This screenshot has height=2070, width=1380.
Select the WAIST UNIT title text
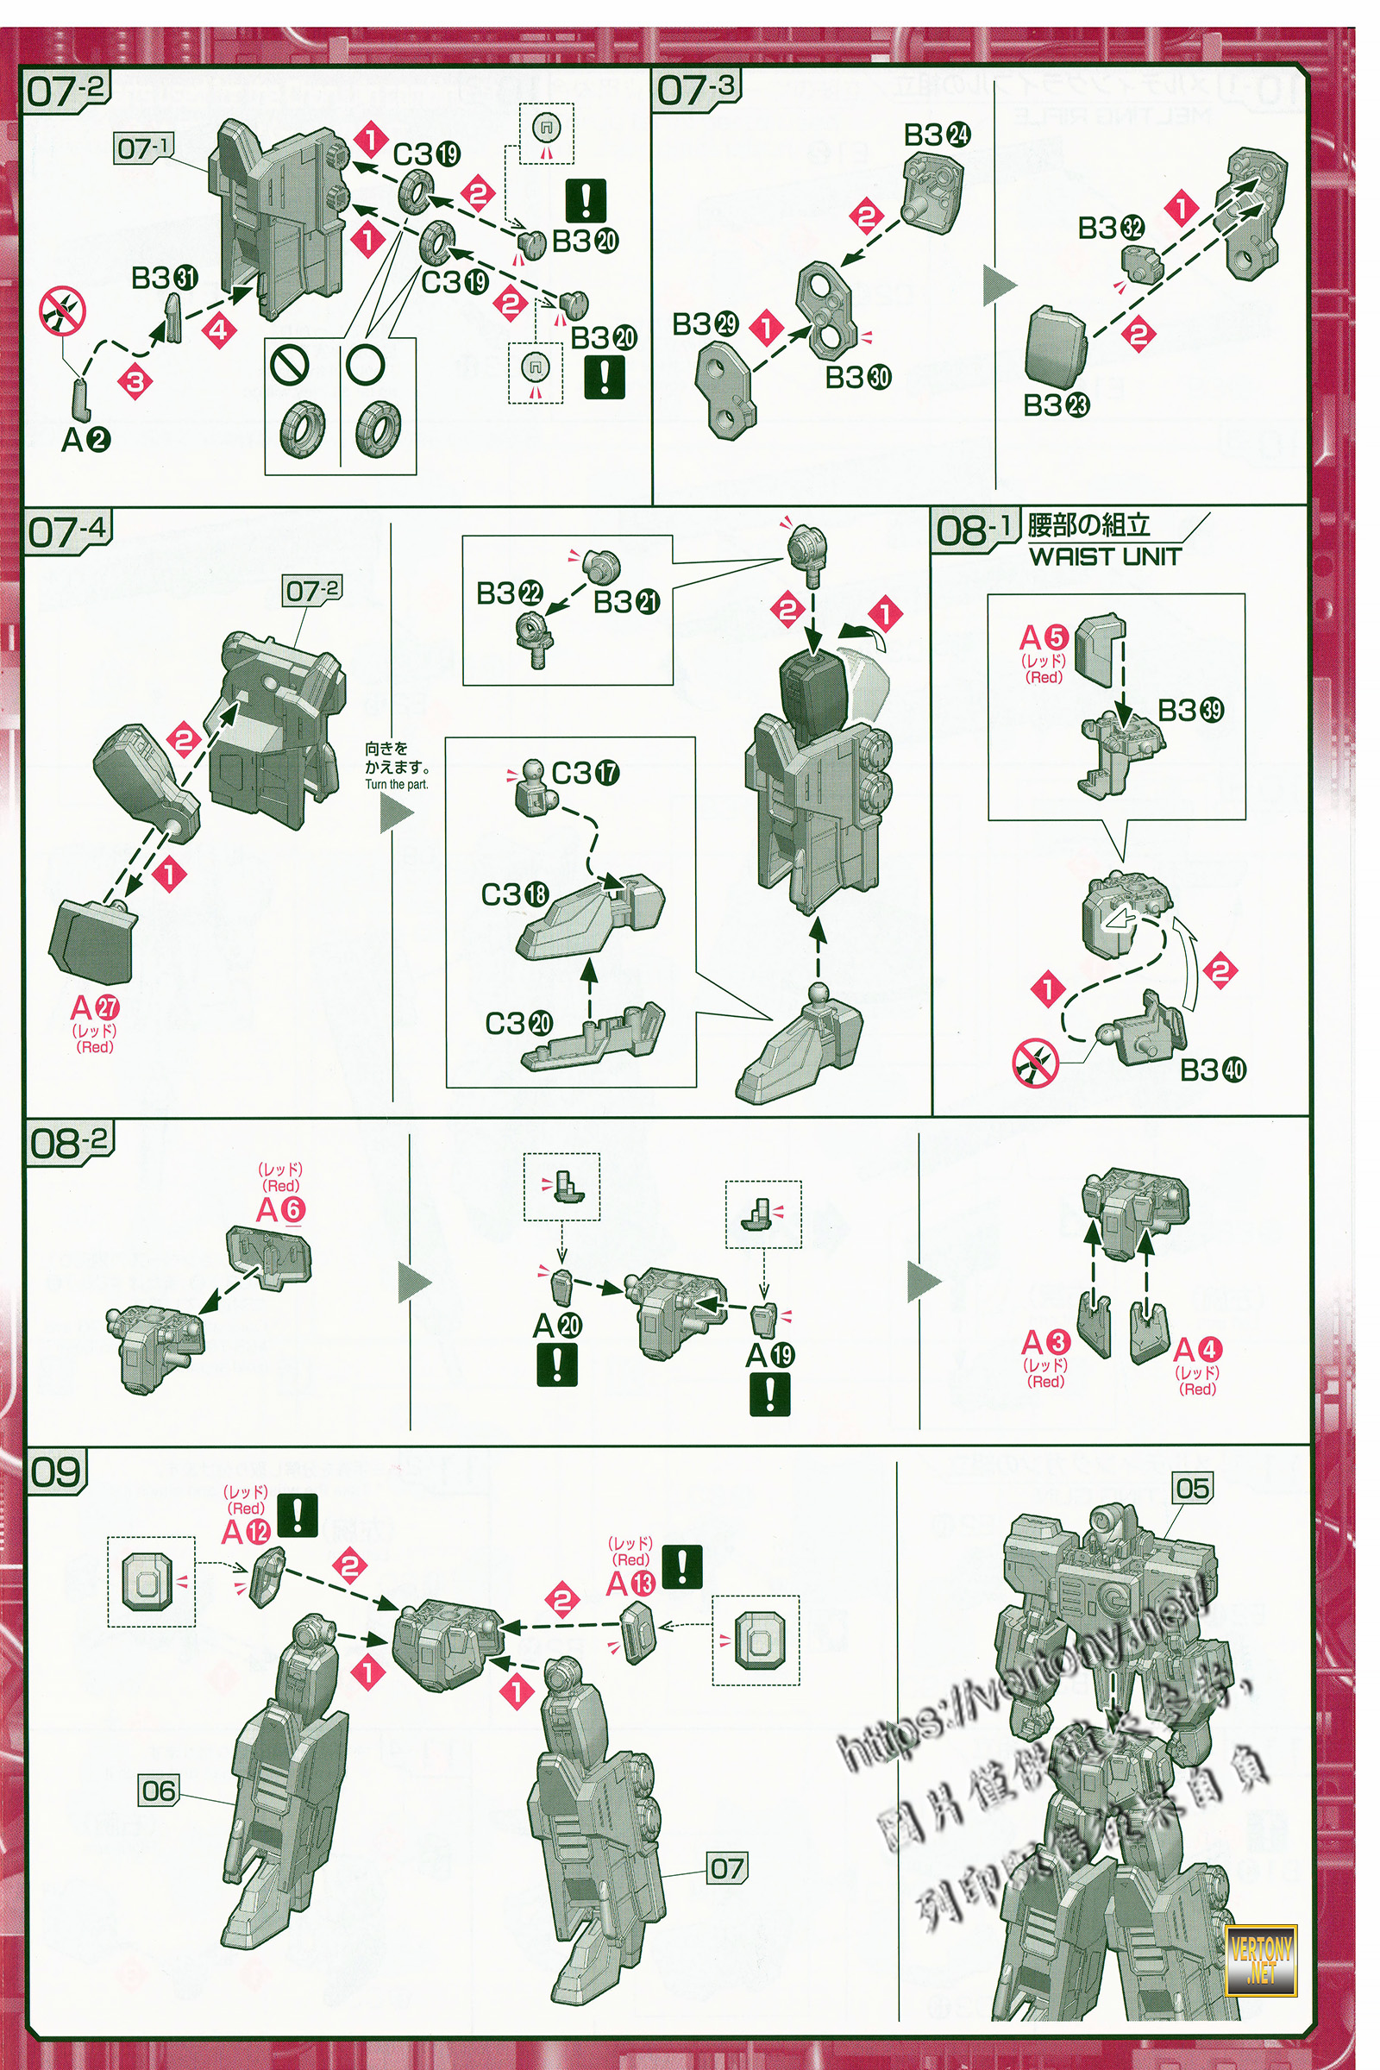coord(1104,556)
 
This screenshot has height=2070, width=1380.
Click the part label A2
coord(85,439)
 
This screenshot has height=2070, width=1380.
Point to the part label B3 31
coord(165,278)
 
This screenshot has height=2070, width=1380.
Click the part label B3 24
coord(937,135)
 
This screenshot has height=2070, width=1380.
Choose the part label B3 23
coord(1055,405)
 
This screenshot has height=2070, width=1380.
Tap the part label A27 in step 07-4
coord(94,1007)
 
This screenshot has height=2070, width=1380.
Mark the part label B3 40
coord(1212,1070)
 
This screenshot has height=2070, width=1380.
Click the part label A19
coord(769,1355)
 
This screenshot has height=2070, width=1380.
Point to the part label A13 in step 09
coord(631,1584)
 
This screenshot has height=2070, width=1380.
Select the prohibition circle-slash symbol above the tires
coord(291,363)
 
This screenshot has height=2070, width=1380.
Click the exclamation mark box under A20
coord(556,1364)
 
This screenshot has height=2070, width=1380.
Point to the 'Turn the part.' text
coord(396,784)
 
